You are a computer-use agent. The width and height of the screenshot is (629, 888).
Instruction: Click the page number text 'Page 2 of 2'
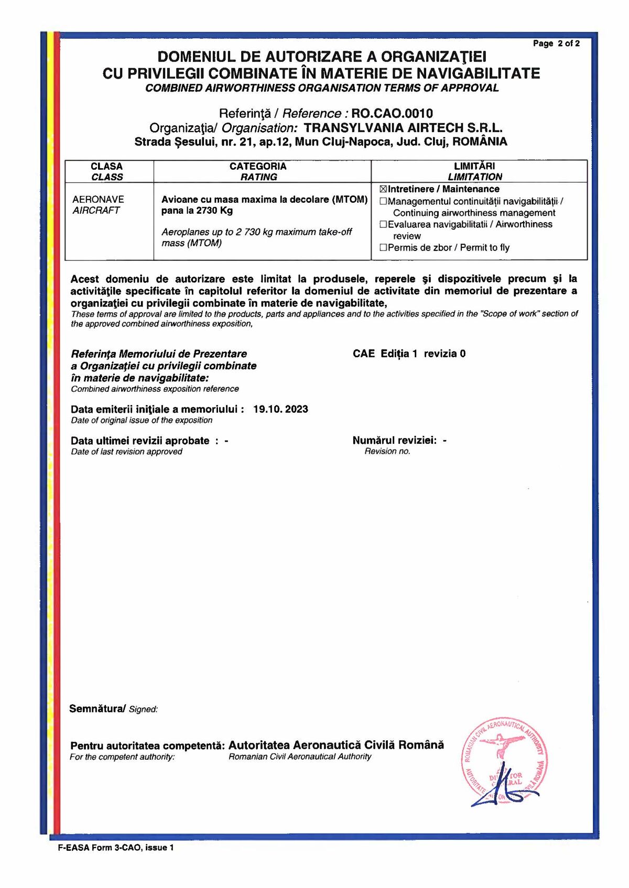tap(556, 43)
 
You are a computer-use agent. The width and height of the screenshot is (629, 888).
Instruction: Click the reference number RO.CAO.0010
tap(392, 114)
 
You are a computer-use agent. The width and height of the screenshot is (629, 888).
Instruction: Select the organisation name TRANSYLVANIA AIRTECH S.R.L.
tap(403, 128)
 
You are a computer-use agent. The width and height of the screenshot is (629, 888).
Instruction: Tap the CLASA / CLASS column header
tap(107, 171)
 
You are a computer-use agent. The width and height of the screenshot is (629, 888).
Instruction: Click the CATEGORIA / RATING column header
tap(258, 171)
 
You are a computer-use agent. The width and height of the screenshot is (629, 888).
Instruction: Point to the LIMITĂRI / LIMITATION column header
tap(474, 171)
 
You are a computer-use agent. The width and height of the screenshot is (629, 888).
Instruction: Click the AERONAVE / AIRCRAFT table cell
tap(98, 205)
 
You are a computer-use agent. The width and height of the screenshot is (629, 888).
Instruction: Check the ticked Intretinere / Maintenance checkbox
tap(383, 189)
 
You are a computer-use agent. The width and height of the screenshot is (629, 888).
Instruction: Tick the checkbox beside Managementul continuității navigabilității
tap(383, 201)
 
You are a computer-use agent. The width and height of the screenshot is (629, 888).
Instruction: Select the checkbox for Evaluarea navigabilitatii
tap(383, 224)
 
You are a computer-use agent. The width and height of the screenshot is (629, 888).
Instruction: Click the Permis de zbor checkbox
tap(383, 247)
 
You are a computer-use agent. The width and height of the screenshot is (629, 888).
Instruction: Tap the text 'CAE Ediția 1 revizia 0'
tap(409, 354)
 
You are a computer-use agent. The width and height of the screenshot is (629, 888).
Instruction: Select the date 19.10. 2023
tap(280, 409)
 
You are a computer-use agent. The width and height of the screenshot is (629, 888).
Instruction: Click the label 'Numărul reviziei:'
tap(394, 441)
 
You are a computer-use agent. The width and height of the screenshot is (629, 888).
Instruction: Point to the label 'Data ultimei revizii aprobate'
tap(140, 441)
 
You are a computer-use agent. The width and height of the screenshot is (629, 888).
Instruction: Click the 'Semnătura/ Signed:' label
tap(113, 709)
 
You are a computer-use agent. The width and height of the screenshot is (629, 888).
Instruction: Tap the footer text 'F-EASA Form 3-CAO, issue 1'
tap(116, 848)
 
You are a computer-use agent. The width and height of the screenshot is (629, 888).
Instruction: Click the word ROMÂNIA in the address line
tap(480, 141)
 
